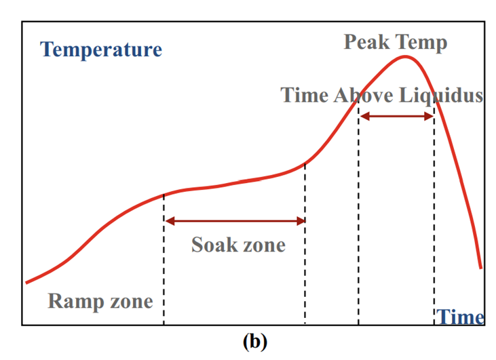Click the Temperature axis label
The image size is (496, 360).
point(101,49)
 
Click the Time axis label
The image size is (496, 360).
point(460,317)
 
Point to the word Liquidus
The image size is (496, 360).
point(441,95)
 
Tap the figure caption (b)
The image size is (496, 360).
point(254,341)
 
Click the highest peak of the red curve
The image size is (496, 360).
point(406,56)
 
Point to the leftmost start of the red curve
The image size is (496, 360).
point(26,282)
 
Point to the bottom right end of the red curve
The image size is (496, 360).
point(481,267)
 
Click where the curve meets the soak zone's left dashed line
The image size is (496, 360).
point(164,195)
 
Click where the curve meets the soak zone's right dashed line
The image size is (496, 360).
point(305,163)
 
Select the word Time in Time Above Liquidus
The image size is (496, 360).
point(305,95)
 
